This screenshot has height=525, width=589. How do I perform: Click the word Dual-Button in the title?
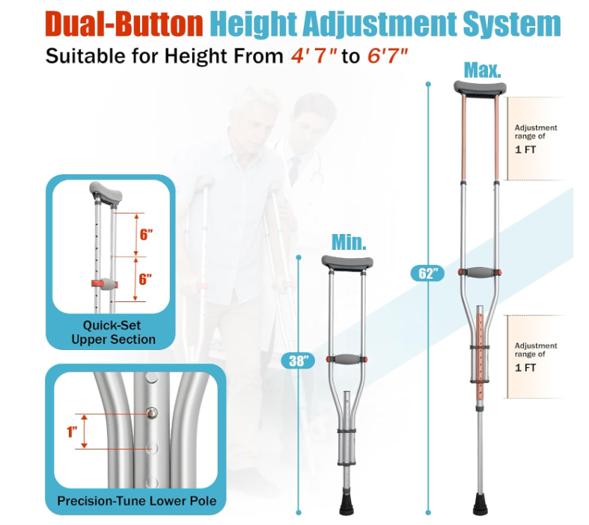(x=124, y=25)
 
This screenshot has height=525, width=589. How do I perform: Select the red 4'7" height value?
(x=314, y=56)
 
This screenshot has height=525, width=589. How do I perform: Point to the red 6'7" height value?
(x=387, y=56)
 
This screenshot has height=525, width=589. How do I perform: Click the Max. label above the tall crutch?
(x=482, y=70)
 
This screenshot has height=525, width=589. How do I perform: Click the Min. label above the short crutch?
(x=349, y=242)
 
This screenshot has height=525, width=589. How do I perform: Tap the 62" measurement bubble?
(x=427, y=273)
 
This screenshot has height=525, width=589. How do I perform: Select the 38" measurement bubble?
(x=298, y=360)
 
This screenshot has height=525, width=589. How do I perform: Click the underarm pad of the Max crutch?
(x=480, y=87)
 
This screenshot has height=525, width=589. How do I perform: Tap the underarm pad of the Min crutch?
(x=347, y=262)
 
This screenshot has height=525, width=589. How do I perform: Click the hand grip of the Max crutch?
(x=480, y=272)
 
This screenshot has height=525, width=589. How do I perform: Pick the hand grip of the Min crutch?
(x=347, y=359)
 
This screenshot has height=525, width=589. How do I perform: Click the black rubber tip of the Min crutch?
(x=347, y=504)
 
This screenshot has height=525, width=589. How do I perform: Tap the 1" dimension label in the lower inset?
(x=72, y=432)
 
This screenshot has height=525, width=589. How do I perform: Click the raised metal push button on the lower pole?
(x=152, y=413)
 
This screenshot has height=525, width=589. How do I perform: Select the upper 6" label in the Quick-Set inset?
(x=146, y=235)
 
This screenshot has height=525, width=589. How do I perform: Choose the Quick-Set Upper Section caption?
(x=114, y=332)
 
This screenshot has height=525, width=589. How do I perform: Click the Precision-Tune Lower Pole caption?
(x=137, y=500)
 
